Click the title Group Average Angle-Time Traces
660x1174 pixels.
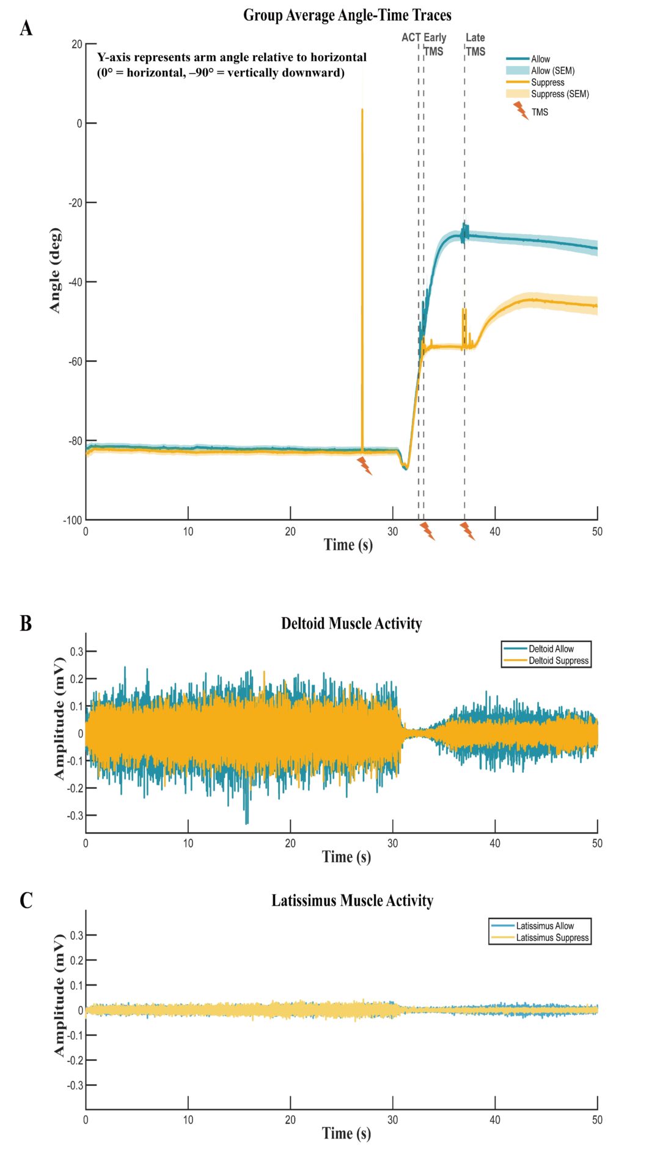click(x=347, y=15)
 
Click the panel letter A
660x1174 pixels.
click(x=26, y=28)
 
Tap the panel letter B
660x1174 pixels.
click(x=26, y=623)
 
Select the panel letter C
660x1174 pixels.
click(x=26, y=900)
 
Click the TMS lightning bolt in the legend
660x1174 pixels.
click(x=521, y=111)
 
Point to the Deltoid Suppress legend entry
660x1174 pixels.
click(x=558, y=661)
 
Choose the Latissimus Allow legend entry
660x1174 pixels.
click(x=544, y=926)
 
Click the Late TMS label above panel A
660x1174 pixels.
click(x=475, y=45)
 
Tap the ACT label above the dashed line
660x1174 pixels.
click(x=411, y=37)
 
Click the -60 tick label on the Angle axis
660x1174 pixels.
click(x=75, y=361)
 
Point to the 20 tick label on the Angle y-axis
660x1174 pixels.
click(x=76, y=44)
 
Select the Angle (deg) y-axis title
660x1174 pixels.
click(x=55, y=270)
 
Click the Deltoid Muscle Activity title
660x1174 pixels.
click(x=351, y=624)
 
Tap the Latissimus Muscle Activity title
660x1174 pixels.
click(x=353, y=901)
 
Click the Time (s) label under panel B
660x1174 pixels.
click(x=346, y=857)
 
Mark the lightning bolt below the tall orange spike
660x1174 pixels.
click(x=365, y=466)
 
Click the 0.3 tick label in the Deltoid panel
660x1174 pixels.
click(x=76, y=652)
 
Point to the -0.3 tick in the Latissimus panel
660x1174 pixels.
click(x=75, y=1085)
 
